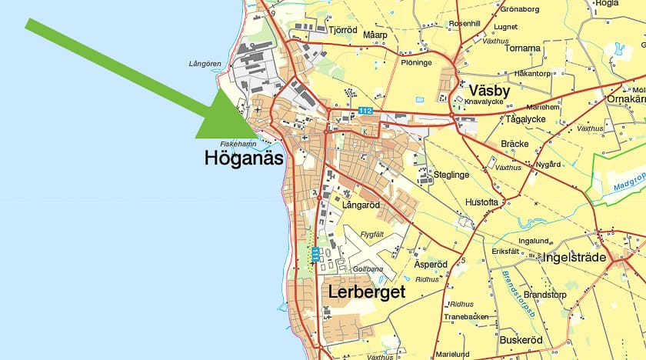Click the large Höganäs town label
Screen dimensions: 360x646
(x=244, y=159)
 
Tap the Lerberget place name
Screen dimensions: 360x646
(x=366, y=292)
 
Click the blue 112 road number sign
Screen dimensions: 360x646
(x=365, y=112)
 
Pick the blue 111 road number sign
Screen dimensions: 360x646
(x=316, y=253)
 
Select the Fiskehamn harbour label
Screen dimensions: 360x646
(x=238, y=144)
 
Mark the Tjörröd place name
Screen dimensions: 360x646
(x=343, y=31)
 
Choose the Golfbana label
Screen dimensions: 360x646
(x=368, y=270)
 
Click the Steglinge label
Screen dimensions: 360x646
(x=451, y=175)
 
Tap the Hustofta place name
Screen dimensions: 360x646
(x=482, y=202)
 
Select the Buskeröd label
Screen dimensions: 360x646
(x=521, y=339)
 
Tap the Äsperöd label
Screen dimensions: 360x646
(x=431, y=264)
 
